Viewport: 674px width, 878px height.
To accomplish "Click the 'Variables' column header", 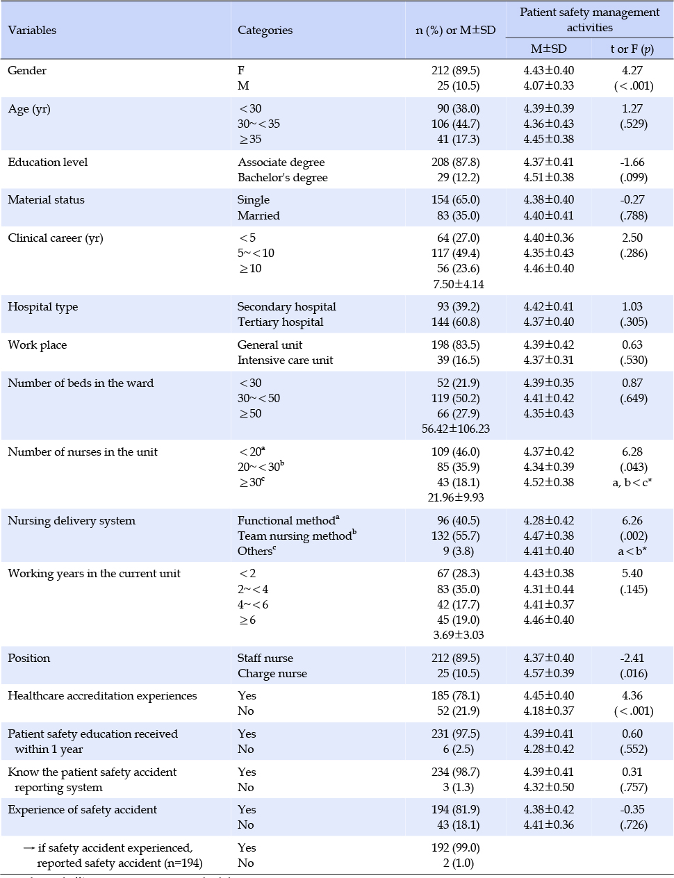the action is point(32,31).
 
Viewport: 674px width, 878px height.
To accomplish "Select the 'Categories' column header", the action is point(265,31).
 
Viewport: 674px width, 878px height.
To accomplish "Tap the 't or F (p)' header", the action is point(632,49).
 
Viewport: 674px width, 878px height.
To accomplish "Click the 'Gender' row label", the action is point(27,71).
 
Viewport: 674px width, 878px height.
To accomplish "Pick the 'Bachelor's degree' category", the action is point(282,177).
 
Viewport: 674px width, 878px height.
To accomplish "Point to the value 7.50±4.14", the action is point(458,285).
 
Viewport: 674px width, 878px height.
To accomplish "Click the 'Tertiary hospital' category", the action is point(281,322).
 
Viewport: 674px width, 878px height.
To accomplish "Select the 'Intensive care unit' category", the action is point(286,360).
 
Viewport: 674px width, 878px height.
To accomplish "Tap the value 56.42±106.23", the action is point(455,429).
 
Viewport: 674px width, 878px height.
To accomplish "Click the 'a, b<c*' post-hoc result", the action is point(632,482).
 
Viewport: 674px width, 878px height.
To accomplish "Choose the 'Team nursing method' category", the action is point(297,536).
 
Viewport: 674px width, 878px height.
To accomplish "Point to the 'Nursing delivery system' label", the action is point(72,521).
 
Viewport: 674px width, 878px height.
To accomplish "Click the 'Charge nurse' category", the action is point(272,674).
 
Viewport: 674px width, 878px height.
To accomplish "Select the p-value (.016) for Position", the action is point(634,674).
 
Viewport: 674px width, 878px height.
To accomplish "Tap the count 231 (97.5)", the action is point(455,734).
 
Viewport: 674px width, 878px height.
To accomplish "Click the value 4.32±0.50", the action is point(548,788).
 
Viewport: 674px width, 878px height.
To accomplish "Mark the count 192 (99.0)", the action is point(455,847).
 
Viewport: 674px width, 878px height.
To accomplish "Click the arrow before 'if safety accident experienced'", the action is point(28,848).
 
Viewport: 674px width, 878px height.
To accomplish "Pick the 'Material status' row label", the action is point(46,200).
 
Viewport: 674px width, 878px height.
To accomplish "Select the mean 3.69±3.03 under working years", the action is point(458,635).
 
